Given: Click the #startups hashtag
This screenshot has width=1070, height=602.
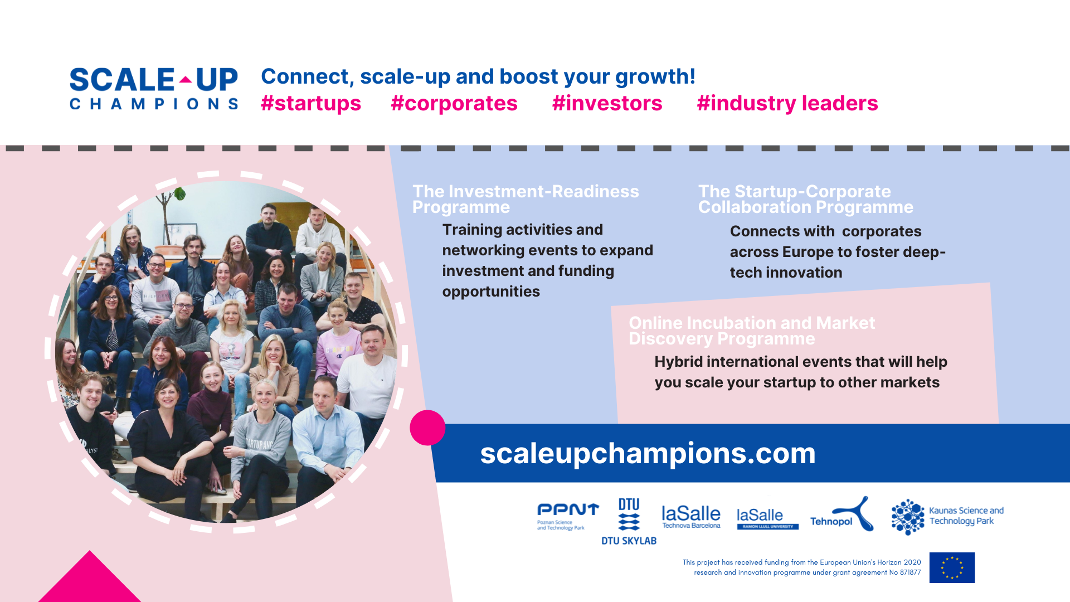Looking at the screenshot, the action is [311, 104].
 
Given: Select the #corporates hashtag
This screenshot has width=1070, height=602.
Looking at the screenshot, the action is [454, 104].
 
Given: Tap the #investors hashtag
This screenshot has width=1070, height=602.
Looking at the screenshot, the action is [607, 104].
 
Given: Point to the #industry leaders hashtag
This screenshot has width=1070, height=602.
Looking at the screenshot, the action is [787, 104].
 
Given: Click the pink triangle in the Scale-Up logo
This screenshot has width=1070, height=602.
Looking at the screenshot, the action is [186, 80].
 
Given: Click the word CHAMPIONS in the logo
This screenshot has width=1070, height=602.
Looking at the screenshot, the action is [154, 104].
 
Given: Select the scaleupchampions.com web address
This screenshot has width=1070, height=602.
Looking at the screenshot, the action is [648, 453].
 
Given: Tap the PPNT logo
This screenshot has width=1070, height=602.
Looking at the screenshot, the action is [567, 516].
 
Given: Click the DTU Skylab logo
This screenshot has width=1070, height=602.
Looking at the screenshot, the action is [629, 521].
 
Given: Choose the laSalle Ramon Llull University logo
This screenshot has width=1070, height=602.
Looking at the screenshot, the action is [767, 518].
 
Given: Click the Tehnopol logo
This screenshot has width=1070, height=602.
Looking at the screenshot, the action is [842, 513].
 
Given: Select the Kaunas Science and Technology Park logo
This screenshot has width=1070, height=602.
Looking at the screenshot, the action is [947, 517].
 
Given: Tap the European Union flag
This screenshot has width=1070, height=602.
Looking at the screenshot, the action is [952, 567].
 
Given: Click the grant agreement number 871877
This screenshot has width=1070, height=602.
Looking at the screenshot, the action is [910, 572].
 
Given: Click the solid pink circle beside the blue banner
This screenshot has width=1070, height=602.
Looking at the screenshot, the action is [427, 428].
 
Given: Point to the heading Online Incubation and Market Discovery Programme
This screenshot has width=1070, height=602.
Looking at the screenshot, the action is [752, 331].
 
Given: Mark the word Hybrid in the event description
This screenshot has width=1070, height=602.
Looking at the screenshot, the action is [678, 362].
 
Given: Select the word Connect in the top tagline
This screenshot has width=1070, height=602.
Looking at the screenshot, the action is [307, 77].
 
